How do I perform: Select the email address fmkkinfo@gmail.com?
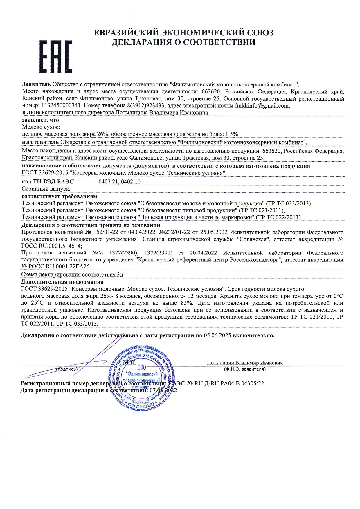pyautogui.click(x=262, y=106)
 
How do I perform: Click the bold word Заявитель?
pyautogui.click(x=37, y=84)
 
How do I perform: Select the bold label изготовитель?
pyautogui.click(x=40, y=142)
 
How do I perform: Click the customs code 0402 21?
pyautogui.click(x=108, y=182)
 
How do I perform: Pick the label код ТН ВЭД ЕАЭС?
pyautogui.click(x=48, y=182)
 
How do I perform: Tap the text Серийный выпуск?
pyautogui.click(x=46, y=189)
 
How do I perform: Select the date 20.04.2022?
pyautogui.click(x=203, y=253)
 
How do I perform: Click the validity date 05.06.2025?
pyautogui.click(x=217, y=335)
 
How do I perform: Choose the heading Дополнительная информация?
pyautogui.click(x=62, y=282)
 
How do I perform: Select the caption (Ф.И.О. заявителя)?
pyautogui.click(x=245, y=369)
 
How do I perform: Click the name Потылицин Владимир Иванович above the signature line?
pyautogui.click(x=245, y=363)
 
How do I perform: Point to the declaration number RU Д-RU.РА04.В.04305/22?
pyautogui.click(x=229, y=383)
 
